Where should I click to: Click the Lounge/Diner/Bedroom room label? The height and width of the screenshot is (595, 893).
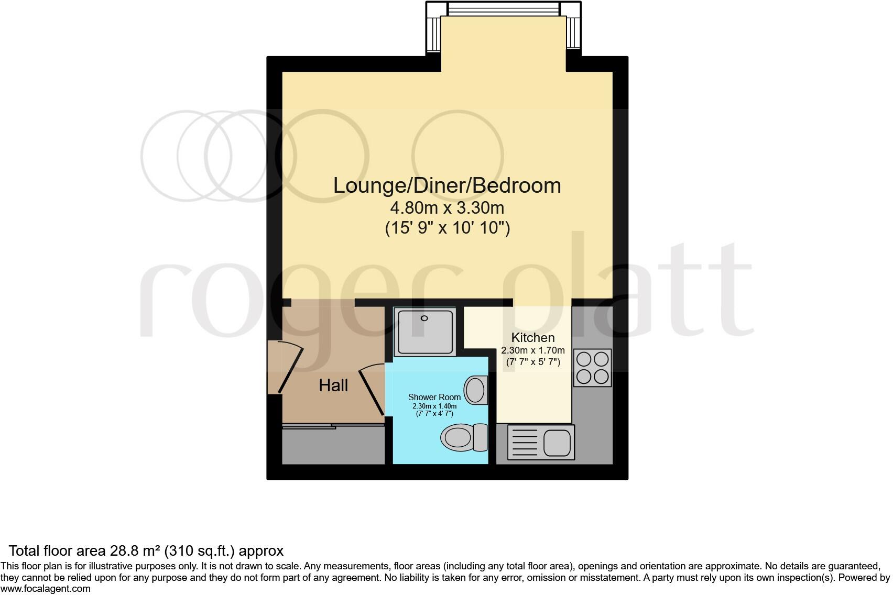(x=447, y=186)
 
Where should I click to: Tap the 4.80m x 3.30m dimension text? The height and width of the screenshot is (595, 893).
(x=447, y=208)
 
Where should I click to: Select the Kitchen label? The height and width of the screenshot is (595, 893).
(x=532, y=338)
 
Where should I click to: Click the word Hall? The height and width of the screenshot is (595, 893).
(x=333, y=386)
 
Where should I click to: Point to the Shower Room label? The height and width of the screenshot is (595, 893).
(x=434, y=397)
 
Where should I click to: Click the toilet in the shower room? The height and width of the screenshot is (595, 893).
(x=464, y=437)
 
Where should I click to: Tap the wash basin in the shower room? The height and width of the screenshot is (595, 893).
(x=476, y=390)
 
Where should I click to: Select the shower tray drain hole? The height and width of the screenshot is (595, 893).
(x=424, y=318)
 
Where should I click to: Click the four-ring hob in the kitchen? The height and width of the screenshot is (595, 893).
(x=592, y=368)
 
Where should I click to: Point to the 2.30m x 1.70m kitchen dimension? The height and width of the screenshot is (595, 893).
(x=532, y=350)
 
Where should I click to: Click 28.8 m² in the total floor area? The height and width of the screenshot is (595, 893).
(x=135, y=551)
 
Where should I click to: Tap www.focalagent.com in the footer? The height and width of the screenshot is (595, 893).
(x=46, y=589)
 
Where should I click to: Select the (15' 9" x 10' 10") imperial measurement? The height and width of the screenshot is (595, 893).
(x=447, y=228)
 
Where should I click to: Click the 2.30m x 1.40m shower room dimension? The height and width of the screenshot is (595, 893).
(x=434, y=406)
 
